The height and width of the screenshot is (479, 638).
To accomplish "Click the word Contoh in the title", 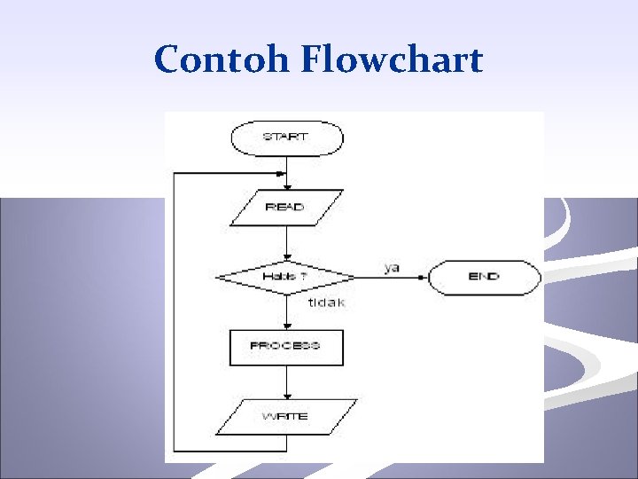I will pos(223,60).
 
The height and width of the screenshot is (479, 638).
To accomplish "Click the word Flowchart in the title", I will pos(392,60).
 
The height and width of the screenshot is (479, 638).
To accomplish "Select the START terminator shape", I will pos(286,137).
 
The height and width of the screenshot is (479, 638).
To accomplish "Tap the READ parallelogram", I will pos(285,207).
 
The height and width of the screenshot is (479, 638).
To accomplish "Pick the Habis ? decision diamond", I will pos(285,277).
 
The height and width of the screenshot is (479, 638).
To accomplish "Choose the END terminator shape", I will pos(484,277).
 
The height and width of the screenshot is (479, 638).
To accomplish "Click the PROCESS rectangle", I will pos(285,346).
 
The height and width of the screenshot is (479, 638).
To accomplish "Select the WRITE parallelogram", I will pos(285,416).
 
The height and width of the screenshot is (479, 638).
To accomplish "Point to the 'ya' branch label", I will pos(392,266).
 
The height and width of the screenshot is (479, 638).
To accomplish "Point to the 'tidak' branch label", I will pos(326,302).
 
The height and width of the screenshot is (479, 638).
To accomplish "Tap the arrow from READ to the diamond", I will pos(286,241).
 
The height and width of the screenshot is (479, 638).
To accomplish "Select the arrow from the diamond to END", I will pos(390,277).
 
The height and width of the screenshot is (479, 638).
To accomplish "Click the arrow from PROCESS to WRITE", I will pos(286,381).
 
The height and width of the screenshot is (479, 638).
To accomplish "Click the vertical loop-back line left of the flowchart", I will pos(175,310).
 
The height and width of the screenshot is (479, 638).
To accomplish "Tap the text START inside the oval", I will pos(285,137).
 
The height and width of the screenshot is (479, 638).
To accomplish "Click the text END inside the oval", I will pos(484,277).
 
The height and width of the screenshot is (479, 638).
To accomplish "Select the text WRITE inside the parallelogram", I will pos(285,416).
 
